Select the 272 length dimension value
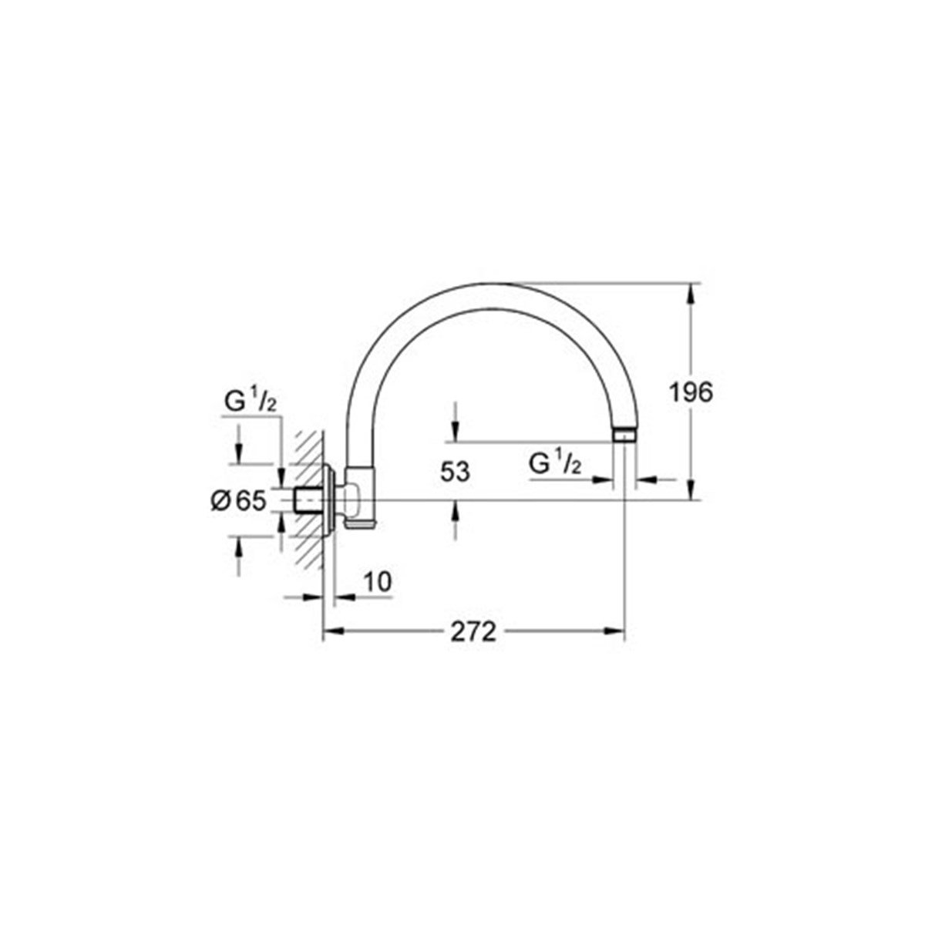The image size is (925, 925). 472,632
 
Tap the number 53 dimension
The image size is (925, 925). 456,471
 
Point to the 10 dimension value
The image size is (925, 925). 377,583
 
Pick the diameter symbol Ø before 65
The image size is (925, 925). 220,501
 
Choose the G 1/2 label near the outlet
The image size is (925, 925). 555,463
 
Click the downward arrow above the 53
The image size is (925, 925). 456,432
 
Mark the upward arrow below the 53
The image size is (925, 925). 456,510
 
